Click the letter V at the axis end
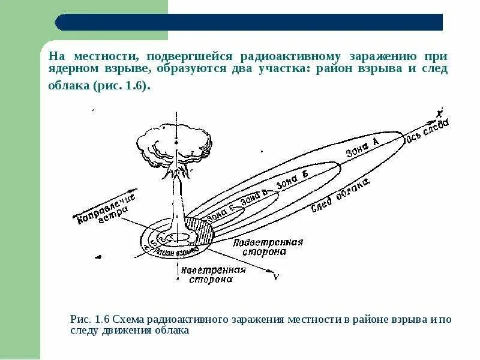[275, 277]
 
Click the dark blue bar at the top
[249, 22]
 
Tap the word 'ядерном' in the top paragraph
[72, 70]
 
